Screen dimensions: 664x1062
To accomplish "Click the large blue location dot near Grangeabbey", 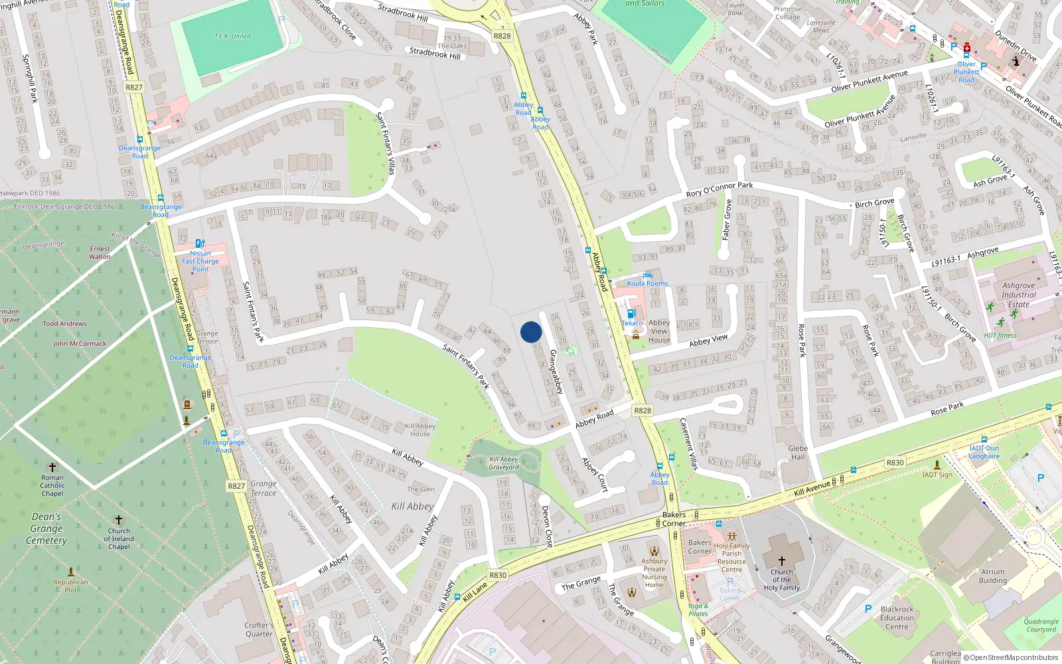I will pyautogui.click(x=531, y=332).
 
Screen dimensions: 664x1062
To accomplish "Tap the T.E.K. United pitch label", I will pyautogui.click(x=232, y=36).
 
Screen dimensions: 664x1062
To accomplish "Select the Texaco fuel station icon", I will pyautogui.click(x=631, y=313).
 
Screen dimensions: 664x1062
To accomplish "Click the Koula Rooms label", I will pyautogui.click(x=647, y=284).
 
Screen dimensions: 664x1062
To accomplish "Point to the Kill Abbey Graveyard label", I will pyautogui.click(x=504, y=463).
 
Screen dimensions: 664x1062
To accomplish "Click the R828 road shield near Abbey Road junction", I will pyautogui.click(x=643, y=410).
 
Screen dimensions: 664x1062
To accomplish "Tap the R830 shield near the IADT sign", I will pyautogui.click(x=895, y=463).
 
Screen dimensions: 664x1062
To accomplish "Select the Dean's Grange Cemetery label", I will pyautogui.click(x=46, y=529).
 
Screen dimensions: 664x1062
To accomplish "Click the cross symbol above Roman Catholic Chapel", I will pyautogui.click(x=52, y=467).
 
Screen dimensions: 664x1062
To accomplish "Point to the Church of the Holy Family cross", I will pyautogui.click(x=781, y=561).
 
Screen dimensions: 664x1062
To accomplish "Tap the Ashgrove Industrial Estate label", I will pyautogui.click(x=1018, y=295).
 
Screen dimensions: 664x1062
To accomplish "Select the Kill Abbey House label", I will pyautogui.click(x=419, y=430).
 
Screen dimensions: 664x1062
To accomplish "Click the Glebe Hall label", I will pyautogui.click(x=798, y=452).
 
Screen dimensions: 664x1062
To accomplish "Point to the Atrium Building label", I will pyautogui.click(x=992, y=576).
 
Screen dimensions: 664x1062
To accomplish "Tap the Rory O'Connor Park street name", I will pyautogui.click(x=719, y=189).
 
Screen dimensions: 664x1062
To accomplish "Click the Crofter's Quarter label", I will pyautogui.click(x=259, y=629).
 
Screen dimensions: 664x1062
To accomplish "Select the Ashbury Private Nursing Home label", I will pyautogui.click(x=654, y=572).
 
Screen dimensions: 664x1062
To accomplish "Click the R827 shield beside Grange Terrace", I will pyautogui.click(x=237, y=486).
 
